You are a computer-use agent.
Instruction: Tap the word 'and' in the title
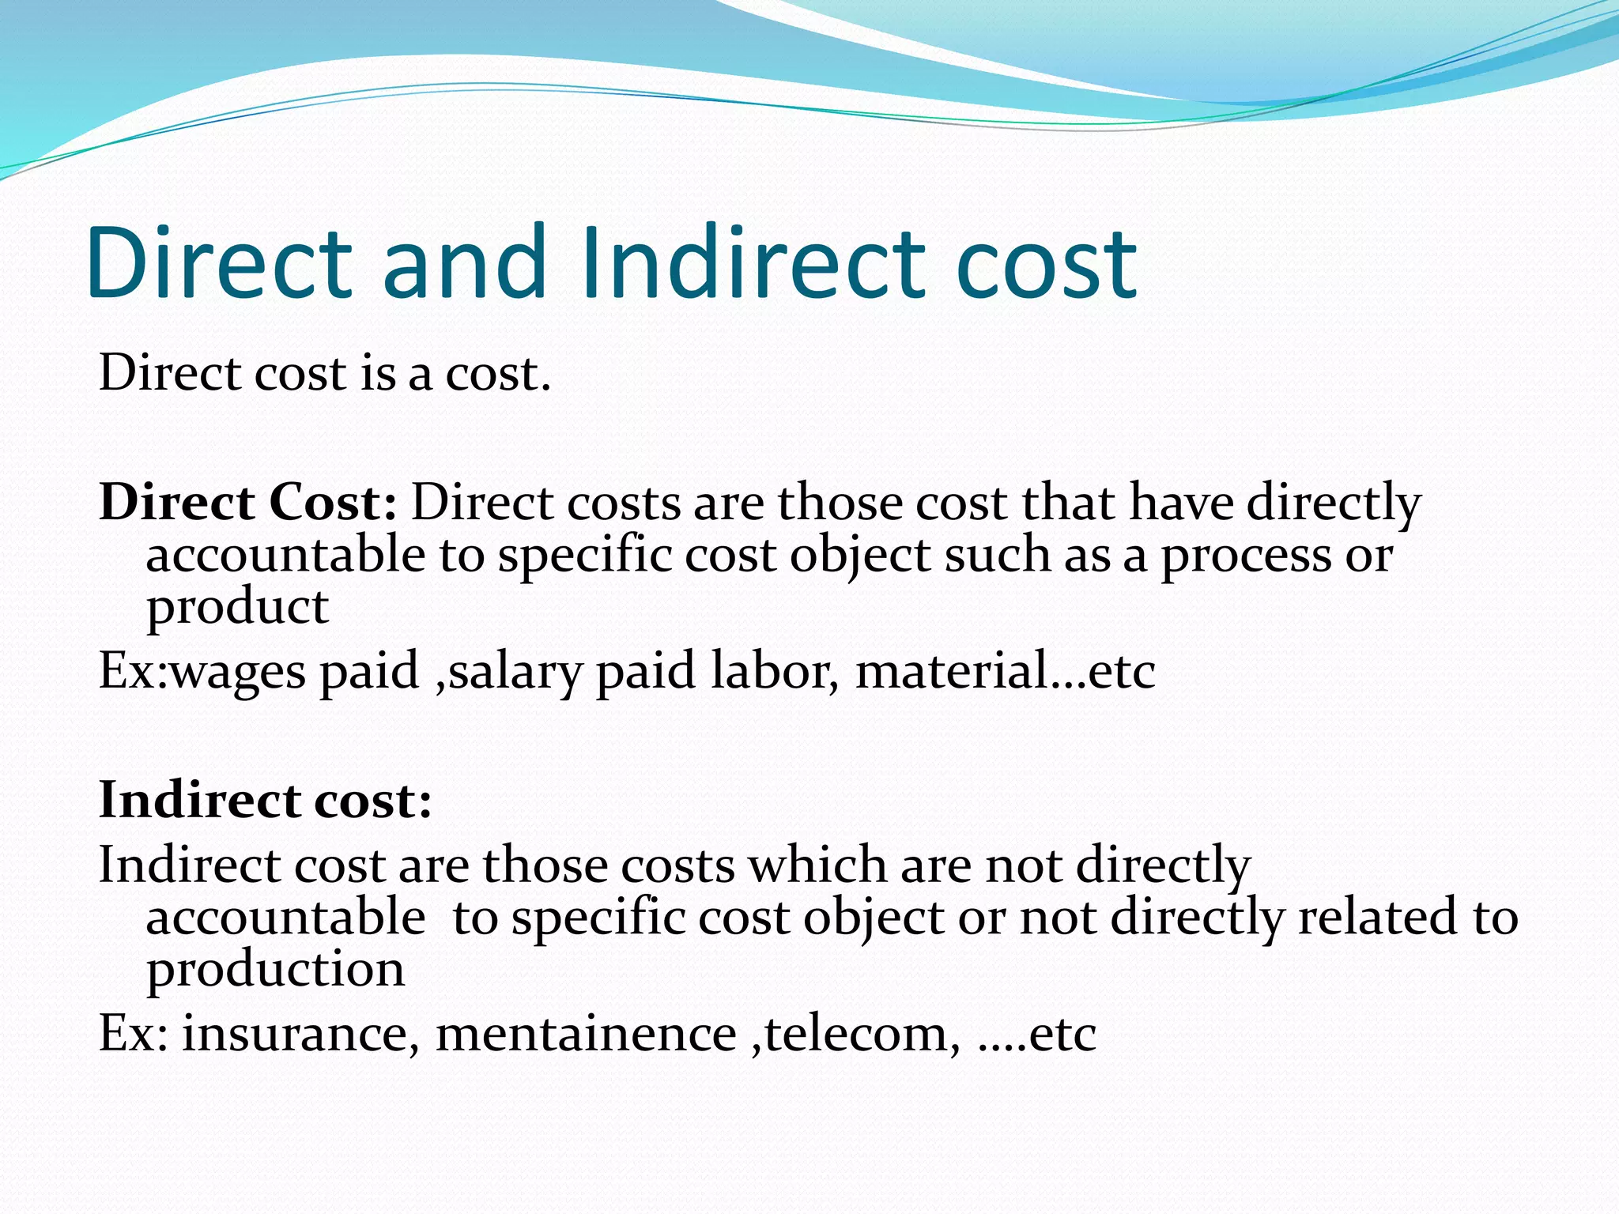pos(465,262)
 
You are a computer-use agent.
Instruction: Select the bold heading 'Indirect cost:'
pos(266,800)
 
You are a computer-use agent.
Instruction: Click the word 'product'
pos(237,609)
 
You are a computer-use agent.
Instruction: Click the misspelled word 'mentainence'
pos(586,1034)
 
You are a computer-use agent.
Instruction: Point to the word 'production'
pos(275,971)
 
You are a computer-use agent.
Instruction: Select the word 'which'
pos(817,865)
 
